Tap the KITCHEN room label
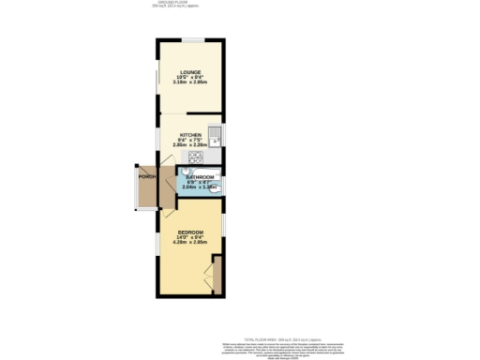190,135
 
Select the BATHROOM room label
200,177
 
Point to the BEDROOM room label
191,231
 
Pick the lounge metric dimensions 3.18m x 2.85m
191,83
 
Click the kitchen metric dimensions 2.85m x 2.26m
190,145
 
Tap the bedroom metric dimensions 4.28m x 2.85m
191,242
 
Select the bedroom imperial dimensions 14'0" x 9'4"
191,236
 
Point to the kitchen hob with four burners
195,157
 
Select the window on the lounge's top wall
194,38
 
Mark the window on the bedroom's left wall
157,243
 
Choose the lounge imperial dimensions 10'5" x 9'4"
191,78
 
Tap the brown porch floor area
145,192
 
